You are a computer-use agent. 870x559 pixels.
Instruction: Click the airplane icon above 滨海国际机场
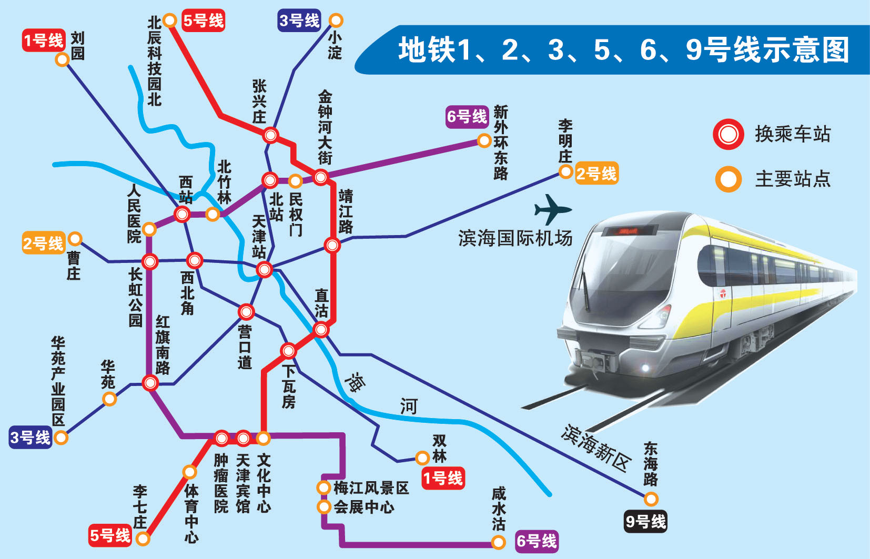552,209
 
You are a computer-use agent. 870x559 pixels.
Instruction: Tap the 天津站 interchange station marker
264,270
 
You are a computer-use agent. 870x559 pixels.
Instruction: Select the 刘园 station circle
63,59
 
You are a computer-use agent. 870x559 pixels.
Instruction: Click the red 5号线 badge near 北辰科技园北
203,21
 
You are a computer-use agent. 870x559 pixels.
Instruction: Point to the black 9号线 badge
645,522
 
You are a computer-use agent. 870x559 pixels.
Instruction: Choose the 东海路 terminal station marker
651,499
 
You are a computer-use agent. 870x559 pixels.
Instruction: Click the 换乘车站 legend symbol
729,135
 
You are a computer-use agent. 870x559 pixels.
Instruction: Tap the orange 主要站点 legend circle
729,179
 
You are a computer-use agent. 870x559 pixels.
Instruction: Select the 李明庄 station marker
565,171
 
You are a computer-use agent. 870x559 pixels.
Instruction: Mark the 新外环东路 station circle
484,140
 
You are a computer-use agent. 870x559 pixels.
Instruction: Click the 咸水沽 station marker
498,542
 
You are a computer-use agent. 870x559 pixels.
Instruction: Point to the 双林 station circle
422,458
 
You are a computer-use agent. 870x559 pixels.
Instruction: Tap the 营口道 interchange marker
246,312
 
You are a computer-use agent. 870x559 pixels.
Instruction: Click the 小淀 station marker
336,21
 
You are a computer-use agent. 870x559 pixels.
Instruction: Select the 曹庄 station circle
75,239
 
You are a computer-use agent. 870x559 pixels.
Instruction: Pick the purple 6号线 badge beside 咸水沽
536,541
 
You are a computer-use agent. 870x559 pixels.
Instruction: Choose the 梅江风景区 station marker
323,487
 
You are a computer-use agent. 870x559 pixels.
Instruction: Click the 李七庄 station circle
143,538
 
